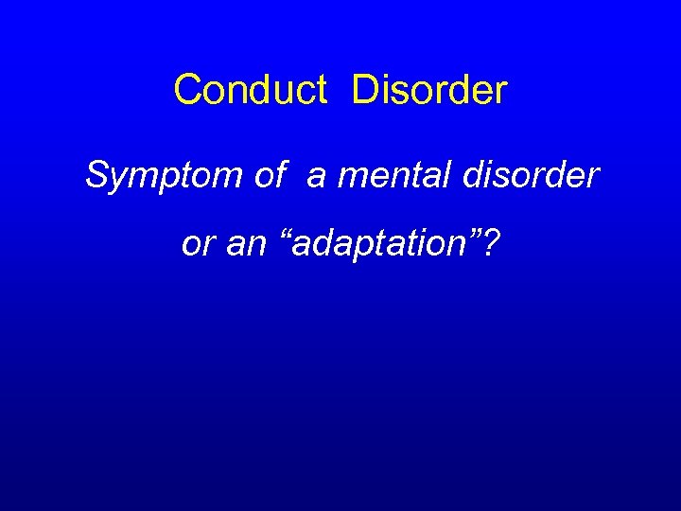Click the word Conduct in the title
(251, 91)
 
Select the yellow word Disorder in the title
(429, 91)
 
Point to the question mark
(492, 243)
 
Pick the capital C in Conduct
(187, 91)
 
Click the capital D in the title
(364, 91)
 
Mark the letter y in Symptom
(115, 181)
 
